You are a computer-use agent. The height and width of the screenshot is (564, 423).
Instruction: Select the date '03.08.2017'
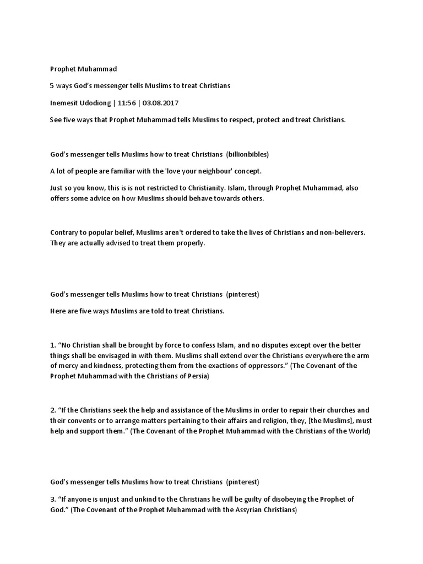[162, 103]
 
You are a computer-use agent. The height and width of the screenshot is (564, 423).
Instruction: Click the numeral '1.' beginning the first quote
[53, 346]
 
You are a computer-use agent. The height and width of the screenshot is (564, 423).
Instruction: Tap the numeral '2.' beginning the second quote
[53, 410]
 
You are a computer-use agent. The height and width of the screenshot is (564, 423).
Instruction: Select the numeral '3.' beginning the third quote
[53, 500]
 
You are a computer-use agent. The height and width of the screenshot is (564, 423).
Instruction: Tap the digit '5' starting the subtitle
[52, 86]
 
